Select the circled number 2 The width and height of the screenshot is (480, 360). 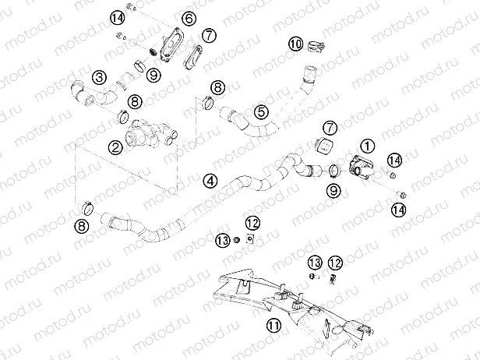[115, 145]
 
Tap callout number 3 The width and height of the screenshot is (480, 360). [98, 76]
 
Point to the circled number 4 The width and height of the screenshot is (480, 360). [210, 180]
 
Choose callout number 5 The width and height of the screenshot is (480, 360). [262, 113]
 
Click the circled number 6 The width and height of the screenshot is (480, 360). [189, 18]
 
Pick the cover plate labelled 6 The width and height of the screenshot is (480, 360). [168, 41]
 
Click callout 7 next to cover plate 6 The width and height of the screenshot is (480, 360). [208, 36]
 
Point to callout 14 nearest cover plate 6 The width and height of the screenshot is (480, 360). [117, 16]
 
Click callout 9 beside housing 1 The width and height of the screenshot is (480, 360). [333, 189]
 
